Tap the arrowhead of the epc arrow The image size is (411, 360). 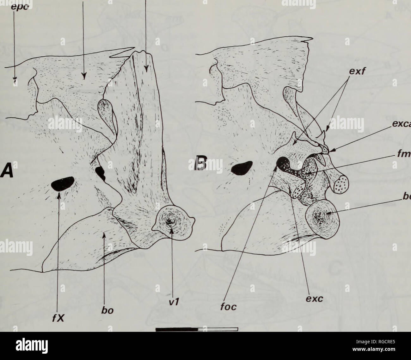coord(14,80)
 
